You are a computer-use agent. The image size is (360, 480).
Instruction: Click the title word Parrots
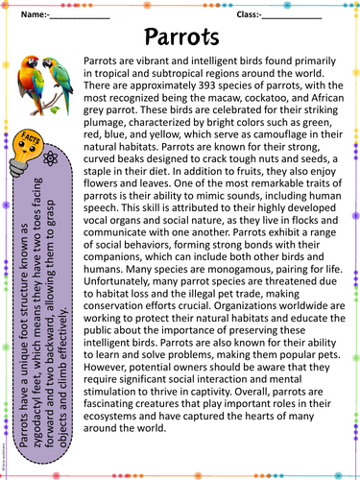[180, 37]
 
